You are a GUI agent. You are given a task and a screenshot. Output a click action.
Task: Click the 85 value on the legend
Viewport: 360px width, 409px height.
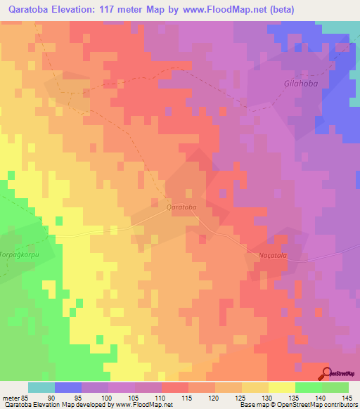pyautogui.click(x=25, y=397)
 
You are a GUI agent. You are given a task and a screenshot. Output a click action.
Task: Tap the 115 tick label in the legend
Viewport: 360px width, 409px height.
pyautogui.click(x=188, y=397)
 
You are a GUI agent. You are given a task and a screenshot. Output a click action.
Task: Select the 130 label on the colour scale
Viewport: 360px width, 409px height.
pyautogui.click(x=268, y=397)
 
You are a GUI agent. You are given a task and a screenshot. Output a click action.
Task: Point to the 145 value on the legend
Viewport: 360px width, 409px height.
pyautogui.click(x=347, y=397)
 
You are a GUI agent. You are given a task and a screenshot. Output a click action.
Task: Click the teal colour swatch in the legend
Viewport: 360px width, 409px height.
pyautogui.click(x=41, y=387)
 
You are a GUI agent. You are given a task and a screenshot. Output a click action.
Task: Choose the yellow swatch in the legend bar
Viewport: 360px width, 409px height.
pyautogui.click(x=281, y=387)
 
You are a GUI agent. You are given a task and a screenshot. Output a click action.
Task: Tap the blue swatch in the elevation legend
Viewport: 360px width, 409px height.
pyautogui.click(x=68, y=387)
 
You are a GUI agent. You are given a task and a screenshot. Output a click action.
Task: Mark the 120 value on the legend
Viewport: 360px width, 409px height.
pyautogui.click(x=214, y=397)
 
